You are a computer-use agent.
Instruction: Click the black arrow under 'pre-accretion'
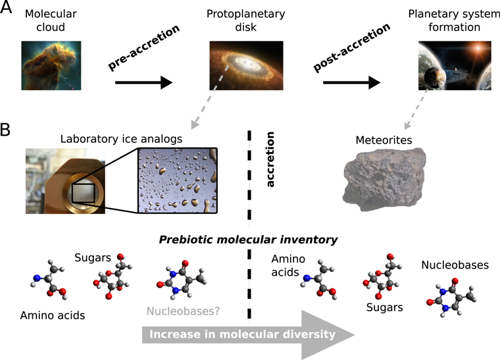[143, 82]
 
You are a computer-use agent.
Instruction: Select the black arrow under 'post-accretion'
[355, 82]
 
